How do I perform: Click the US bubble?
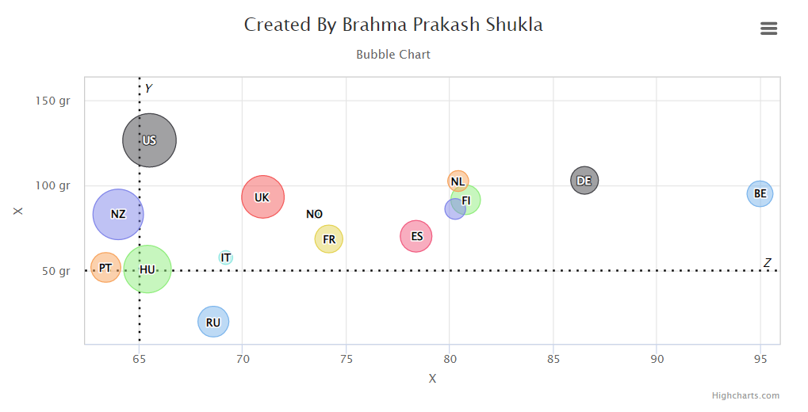tap(149, 140)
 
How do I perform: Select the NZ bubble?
tap(118, 214)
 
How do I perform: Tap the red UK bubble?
tap(262, 197)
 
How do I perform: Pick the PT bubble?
tap(105, 268)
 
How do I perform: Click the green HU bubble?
tap(147, 269)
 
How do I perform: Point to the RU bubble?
tap(213, 322)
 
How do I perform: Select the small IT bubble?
tap(226, 257)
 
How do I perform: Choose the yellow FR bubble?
tap(329, 238)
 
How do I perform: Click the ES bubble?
tap(416, 236)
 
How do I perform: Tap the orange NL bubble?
tap(458, 181)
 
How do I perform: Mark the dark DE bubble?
tap(584, 181)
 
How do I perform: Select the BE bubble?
tap(760, 193)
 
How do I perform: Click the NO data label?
tap(315, 214)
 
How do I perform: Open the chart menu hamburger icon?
tap(768, 29)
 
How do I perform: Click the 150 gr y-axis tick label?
tap(53, 101)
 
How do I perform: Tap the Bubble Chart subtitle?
tap(393, 55)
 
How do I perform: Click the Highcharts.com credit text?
tap(745, 395)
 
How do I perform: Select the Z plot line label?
tap(768, 263)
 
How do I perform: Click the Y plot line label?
tap(148, 88)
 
